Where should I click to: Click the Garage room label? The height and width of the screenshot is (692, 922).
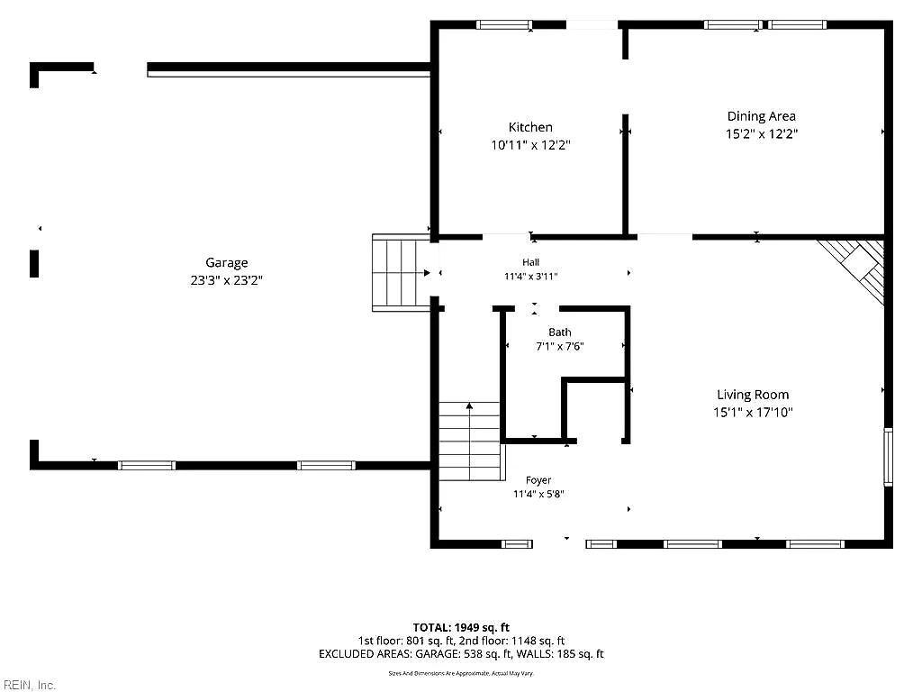tap(226, 262)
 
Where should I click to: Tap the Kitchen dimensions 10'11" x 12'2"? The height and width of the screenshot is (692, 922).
tap(531, 145)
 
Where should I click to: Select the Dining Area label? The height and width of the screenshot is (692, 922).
tap(762, 116)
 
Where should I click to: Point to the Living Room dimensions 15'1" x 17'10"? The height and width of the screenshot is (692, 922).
tap(753, 413)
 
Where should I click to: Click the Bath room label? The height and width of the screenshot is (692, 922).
tap(560, 332)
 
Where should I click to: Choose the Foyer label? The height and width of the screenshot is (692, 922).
tap(538, 480)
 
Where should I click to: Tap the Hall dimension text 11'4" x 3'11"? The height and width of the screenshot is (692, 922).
tap(531, 276)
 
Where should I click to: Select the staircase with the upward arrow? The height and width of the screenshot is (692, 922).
tap(469, 441)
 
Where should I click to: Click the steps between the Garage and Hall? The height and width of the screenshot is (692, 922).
tap(401, 272)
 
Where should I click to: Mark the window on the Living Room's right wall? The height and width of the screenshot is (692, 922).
tap(889, 457)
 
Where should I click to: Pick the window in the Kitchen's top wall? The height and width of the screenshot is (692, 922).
tap(504, 24)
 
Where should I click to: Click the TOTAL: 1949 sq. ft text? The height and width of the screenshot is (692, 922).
tap(461, 627)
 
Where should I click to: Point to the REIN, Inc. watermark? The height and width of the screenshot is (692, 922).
tap(28, 685)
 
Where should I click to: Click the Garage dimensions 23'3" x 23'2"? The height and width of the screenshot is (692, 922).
tap(226, 280)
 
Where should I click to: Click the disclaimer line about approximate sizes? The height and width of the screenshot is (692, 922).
tap(461, 673)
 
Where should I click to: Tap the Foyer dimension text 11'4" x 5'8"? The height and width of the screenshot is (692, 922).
tap(538, 495)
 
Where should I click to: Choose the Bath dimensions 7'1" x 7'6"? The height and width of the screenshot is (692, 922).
tap(560, 347)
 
